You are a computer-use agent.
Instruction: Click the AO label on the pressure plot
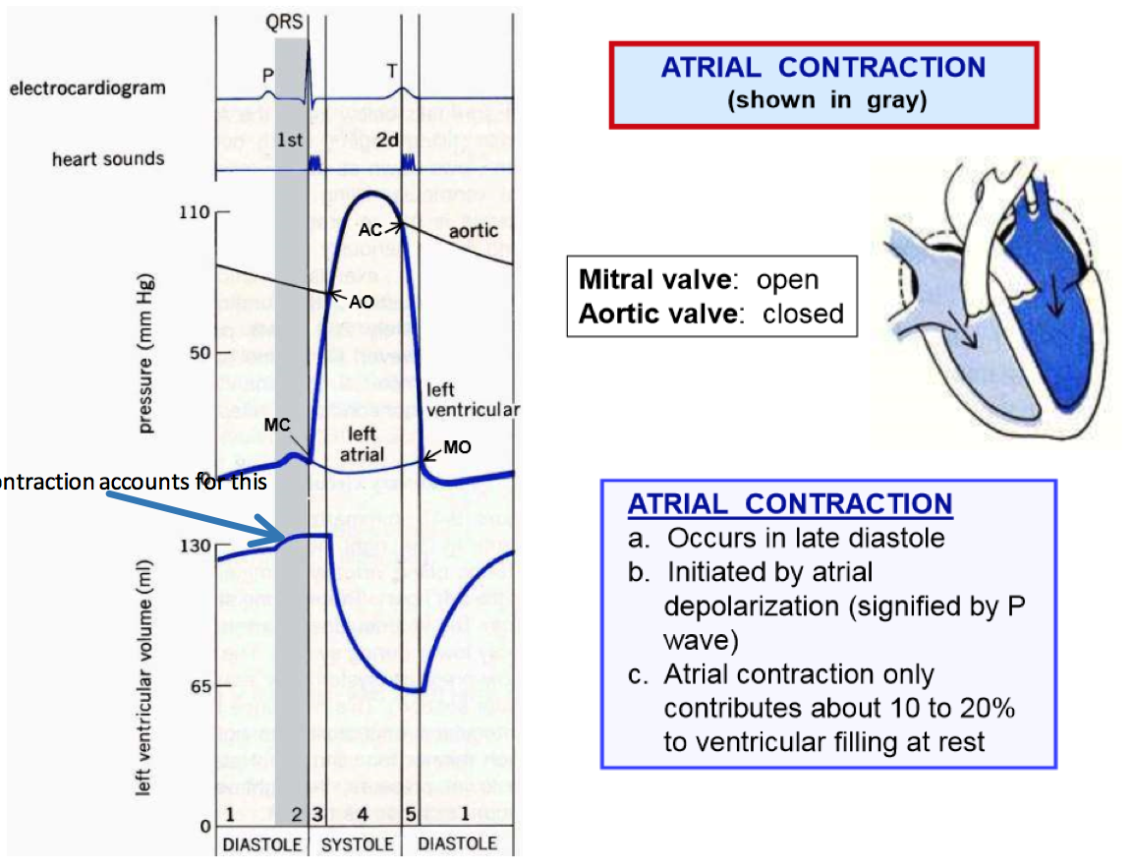pos(362,302)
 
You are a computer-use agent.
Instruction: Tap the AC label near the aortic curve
pos(369,228)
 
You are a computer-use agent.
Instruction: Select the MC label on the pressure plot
pos(277,425)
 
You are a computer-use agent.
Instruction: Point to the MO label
pos(457,447)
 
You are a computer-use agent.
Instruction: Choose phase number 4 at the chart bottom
pos(363,815)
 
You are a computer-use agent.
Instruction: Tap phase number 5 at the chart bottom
pos(411,815)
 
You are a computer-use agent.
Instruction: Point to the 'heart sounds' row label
pos(108,157)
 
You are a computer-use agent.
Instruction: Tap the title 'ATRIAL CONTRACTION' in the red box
pos(823,68)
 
